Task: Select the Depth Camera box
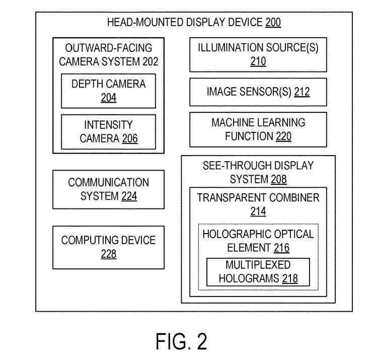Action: tap(108, 91)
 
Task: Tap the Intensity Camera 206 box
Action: tap(108, 131)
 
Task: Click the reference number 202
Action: tap(150, 61)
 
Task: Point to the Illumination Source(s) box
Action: tap(258, 55)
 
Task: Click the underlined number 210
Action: tap(258, 62)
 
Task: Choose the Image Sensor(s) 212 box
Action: tap(258, 92)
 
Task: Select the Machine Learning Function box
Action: tap(258, 129)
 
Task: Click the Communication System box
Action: tap(108, 189)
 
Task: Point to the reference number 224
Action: tap(129, 196)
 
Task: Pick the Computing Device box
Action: tap(108, 247)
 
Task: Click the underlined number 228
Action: tap(108, 254)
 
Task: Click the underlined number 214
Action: tap(258, 211)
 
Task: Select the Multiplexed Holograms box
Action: tap(258, 271)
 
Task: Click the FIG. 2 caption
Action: tap(181, 341)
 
